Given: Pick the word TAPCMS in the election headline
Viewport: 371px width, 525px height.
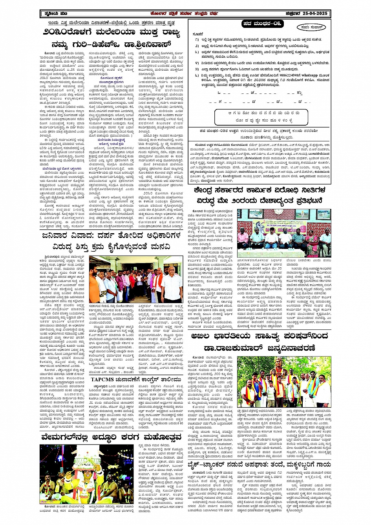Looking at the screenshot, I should coord(103,379).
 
